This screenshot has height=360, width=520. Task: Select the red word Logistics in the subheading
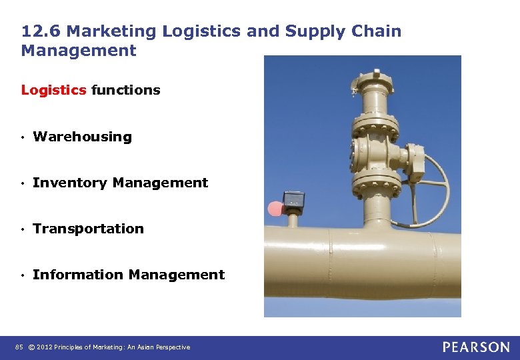(54, 90)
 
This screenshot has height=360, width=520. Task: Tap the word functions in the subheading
(126, 90)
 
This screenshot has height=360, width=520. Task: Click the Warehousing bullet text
(82, 137)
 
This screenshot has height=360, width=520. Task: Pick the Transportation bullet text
(88, 229)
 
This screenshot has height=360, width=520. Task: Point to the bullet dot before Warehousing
(23, 137)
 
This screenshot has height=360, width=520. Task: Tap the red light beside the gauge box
(274, 209)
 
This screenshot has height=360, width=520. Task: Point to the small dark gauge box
(293, 200)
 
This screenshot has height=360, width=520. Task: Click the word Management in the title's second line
(79, 51)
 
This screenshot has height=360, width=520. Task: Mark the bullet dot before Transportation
(23, 229)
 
